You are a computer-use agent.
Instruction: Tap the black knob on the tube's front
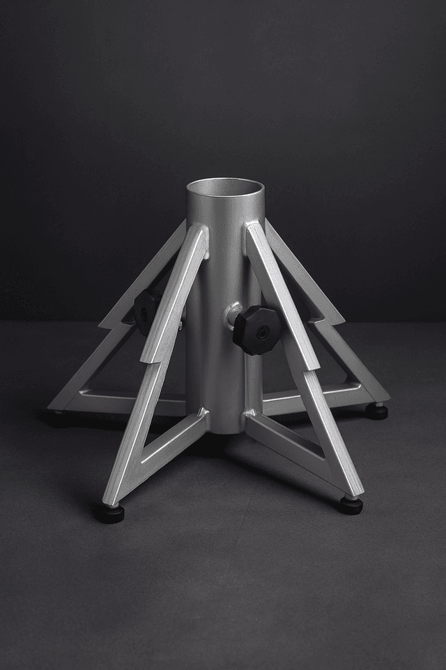click(x=257, y=330)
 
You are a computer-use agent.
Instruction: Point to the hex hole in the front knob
click(x=263, y=333)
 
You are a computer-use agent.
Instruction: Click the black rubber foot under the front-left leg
click(x=109, y=514)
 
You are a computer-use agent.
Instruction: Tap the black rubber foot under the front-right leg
click(x=351, y=505)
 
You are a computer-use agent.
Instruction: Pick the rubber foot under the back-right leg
click(x=377, y=412)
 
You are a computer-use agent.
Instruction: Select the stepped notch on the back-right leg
click(x=335, y=320)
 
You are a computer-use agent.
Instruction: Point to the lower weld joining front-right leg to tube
click(x=248, y=419)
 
